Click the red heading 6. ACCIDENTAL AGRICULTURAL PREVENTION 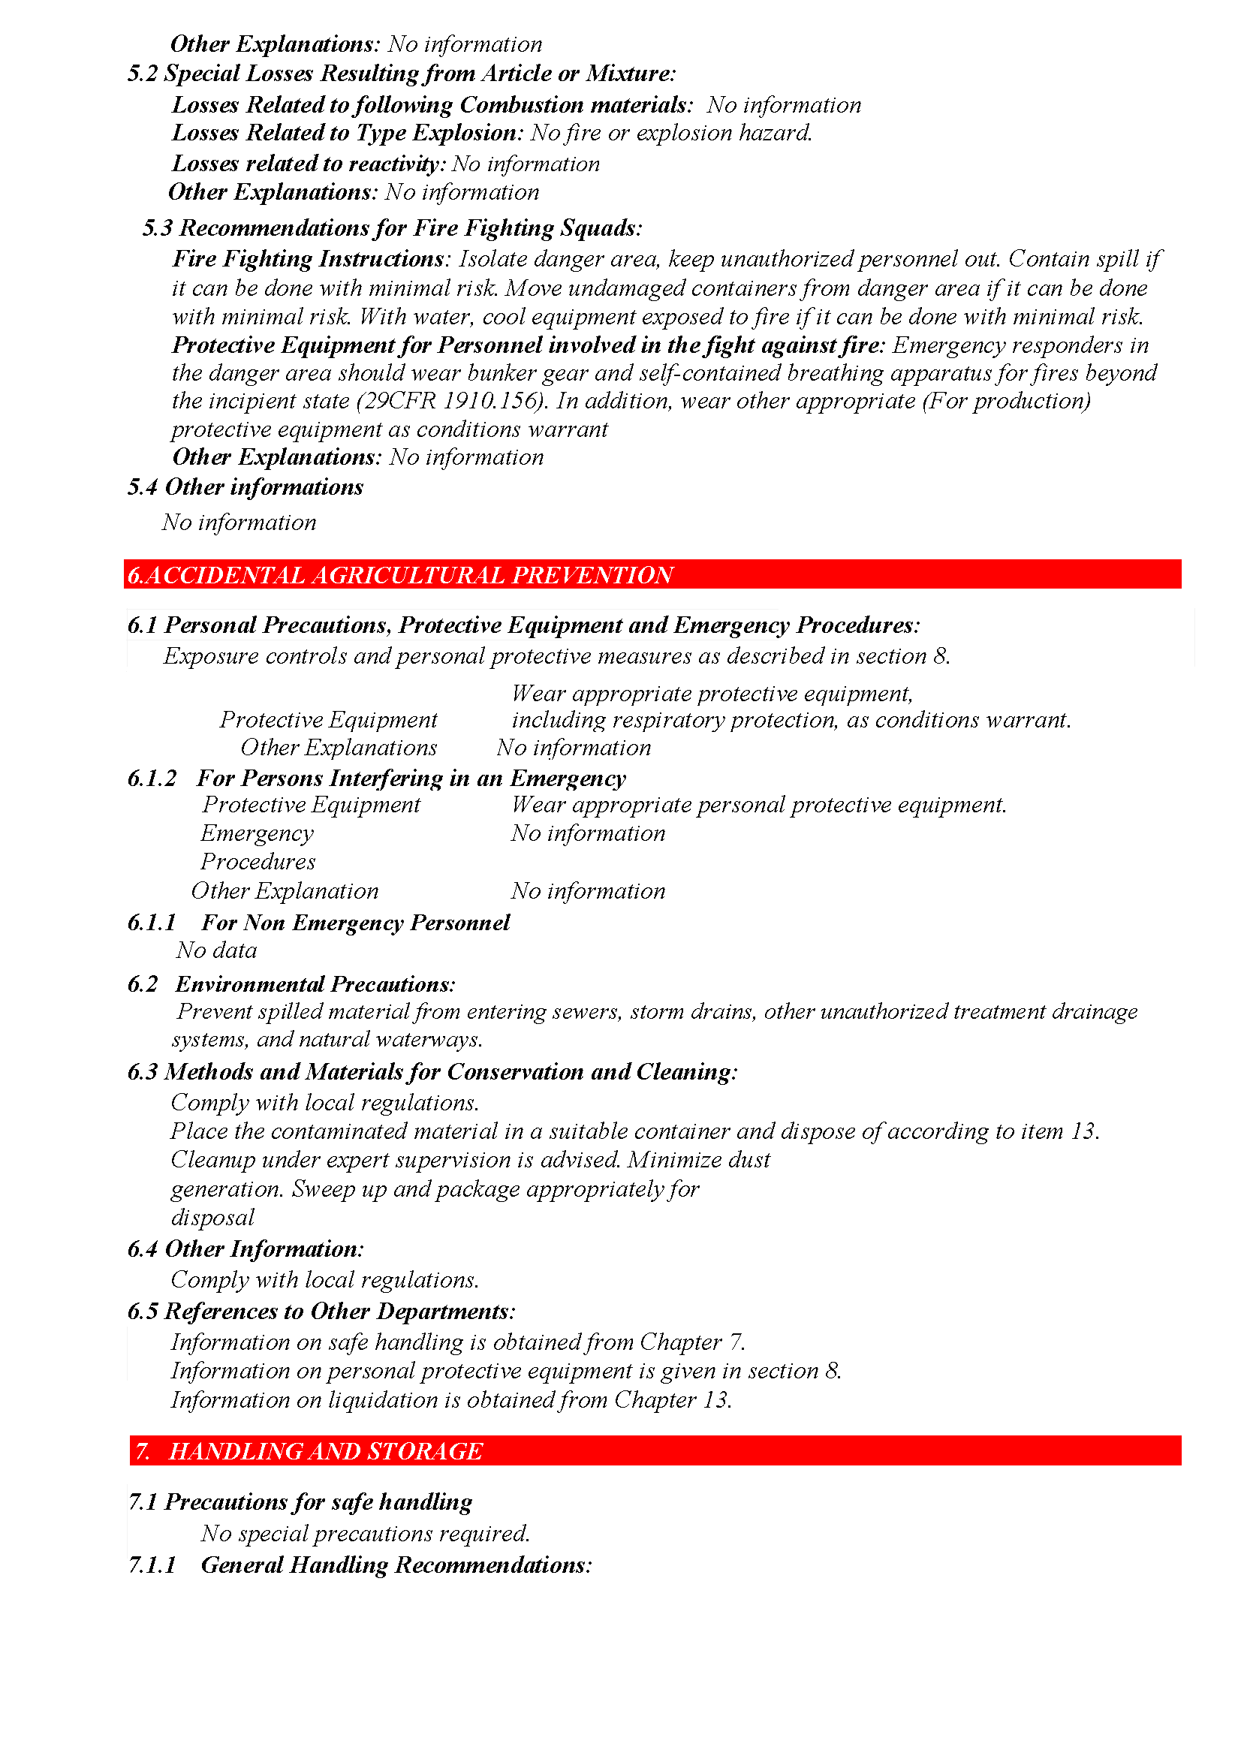point(401,575)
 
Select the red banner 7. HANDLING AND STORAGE point(309,1451)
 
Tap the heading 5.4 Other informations point(245,487)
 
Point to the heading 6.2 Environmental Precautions point(291,984)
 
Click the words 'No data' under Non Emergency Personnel point(216,950)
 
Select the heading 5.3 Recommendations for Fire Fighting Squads point(391,228)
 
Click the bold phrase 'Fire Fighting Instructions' point(307,259)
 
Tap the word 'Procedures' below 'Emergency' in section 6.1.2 point(258,862)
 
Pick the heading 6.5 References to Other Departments point(321,1312)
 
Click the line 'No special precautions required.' point(366,1534)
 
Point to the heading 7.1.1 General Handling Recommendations point(360,1565)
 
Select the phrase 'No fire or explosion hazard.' point(670,133)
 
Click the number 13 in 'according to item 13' point(1083,1131)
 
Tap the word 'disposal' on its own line point(212,1218)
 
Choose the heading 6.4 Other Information point(245,1249)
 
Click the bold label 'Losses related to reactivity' point(307,164)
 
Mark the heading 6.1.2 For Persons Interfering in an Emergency point(376,779)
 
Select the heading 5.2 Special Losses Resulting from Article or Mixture point(402,74)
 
